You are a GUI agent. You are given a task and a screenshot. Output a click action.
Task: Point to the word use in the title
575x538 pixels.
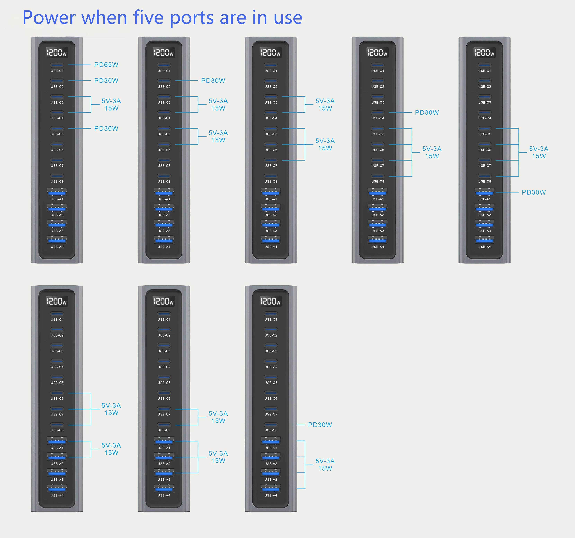coord(288,18)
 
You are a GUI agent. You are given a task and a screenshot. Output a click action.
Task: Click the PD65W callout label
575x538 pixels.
coord(106,65)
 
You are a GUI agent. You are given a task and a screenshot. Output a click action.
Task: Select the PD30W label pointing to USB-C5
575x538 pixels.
coord(106,128)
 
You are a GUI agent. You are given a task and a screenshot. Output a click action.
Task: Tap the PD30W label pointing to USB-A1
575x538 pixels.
coord(534,192)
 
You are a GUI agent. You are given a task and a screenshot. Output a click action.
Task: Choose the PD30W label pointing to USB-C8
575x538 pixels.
coord(320,425)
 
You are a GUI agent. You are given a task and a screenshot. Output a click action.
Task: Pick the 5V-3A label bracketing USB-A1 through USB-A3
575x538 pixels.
coord(218,453)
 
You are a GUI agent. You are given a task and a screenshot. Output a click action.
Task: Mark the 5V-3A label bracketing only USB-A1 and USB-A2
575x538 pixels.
coord(111,445)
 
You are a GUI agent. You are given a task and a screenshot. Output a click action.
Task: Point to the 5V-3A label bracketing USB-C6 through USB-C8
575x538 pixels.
coord(111,405)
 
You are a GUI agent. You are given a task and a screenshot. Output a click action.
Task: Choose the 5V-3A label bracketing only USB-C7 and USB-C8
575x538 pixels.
coord(218,413)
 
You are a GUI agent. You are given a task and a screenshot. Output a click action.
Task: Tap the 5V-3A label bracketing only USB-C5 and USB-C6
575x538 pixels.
coord(218,133)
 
